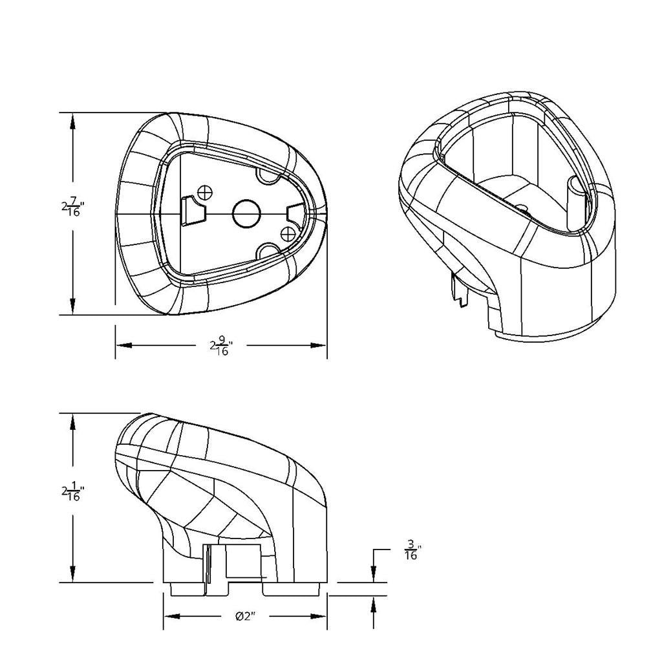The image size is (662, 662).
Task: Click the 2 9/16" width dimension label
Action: (221, 346)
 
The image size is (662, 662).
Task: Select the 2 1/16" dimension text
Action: (72, 492)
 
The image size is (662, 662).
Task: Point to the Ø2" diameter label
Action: (245, 616)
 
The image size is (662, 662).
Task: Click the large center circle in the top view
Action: (246, 213)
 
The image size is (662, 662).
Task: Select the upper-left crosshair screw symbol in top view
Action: (205, 192)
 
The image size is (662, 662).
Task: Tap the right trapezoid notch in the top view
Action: (297, 213)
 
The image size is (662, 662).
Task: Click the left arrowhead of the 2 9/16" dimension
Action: (124, 345)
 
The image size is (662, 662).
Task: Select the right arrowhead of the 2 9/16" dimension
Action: (319, 345)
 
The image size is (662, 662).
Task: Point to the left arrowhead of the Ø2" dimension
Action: (172, 616)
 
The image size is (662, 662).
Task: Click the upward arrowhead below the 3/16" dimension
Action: (374, 604)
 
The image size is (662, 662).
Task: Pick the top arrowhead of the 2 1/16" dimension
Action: (73, 422)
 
